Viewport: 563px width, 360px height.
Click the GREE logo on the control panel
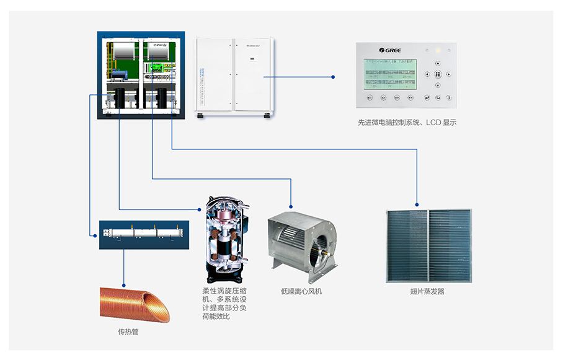pos(390,50)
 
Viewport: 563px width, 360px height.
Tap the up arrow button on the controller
pos(438,63)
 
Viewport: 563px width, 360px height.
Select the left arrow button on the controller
pos(427,74)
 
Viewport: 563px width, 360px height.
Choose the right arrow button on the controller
pos(448,74)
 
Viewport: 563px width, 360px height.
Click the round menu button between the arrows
pos(438,74)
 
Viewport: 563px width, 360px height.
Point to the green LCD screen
pos(390,74)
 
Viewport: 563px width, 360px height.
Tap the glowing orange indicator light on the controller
pos(438,50)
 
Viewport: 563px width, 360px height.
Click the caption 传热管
pos(128,331)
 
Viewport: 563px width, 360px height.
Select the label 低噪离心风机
pos(301,291)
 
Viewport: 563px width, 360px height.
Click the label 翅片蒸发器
pos(427,291)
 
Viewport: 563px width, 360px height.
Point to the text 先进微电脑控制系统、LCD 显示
pos(407,123)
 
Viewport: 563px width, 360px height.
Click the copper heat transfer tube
pos(134,303)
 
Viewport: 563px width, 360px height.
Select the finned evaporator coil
pos(428,245)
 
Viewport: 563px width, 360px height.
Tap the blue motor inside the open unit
pos(119,75)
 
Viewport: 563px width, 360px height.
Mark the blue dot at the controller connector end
pos(334,77)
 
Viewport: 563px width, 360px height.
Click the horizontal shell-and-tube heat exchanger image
pos(144,234)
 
